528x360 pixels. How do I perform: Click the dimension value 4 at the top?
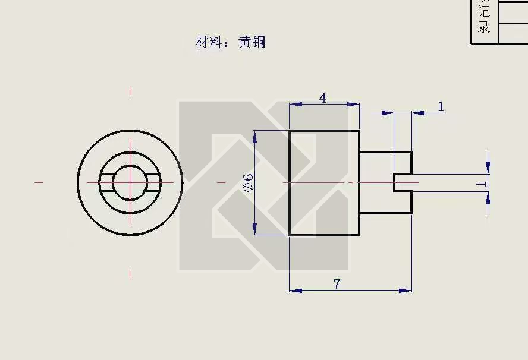tap(323, 98)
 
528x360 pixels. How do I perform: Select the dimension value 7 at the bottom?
tap(337, 284)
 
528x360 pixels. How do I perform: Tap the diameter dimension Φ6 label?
tap(248, 182)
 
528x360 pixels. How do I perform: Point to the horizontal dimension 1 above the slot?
tap(441, 106)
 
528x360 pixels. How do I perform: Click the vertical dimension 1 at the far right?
tap(481, 184)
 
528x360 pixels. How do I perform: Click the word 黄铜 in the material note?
tap(252, 42)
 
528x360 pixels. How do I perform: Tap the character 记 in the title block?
tap(483, 12)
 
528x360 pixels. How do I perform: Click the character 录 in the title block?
tap(483, 27)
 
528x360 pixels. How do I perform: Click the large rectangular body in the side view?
tap(324, 182)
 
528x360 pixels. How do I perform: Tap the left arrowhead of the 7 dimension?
tap(294, 290)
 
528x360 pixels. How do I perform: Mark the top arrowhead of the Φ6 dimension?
tap(254, 136)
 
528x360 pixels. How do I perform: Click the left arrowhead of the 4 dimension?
tap(294, 105)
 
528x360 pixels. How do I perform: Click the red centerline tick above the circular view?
tap(130, 91)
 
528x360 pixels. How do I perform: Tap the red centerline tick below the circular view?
tap(130, 273)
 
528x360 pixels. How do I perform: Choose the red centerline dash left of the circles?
tap(39, 182)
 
